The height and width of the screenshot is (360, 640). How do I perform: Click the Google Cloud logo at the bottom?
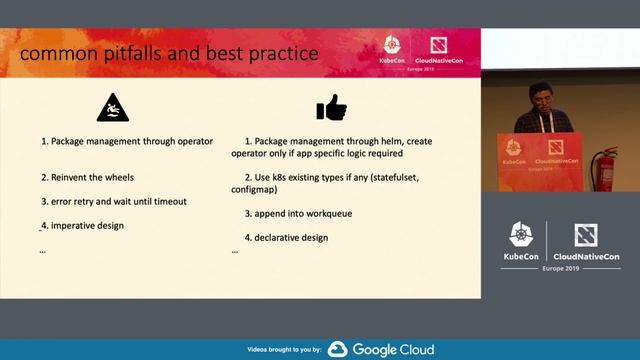[x=381, y=349]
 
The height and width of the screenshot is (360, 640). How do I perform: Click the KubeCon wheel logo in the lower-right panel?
[x=522, y=235]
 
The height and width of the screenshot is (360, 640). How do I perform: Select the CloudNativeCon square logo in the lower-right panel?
[x=586, y=235]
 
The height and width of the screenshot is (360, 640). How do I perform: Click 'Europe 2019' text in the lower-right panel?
[x=561, y=269]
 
